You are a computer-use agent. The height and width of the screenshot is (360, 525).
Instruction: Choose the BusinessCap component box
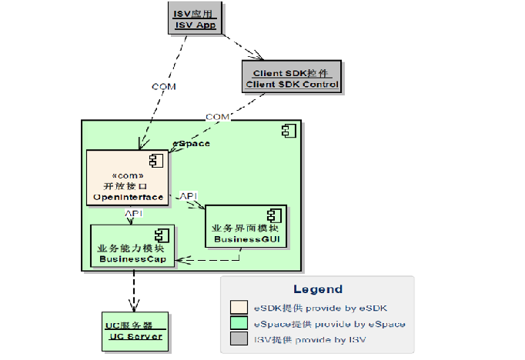tap(132, 246)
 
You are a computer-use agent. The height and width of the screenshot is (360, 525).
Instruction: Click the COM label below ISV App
tap(164, 87)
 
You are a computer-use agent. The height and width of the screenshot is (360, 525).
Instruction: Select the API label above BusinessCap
tap(133, 213)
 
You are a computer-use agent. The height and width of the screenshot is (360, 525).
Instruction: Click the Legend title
tap(317, 289)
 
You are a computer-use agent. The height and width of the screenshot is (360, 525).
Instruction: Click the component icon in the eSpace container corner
tap(289, 131)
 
